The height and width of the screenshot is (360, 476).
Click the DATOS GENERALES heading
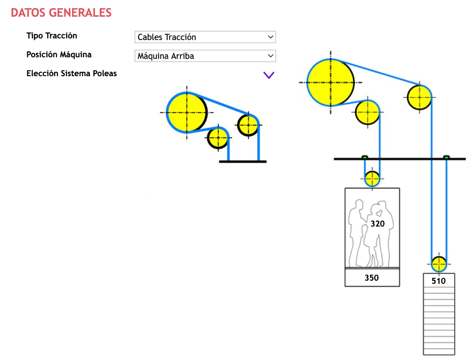(x=61, y=13)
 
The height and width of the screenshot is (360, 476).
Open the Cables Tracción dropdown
(x=205, y=37)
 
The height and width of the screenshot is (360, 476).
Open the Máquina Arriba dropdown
(x=205, y=56)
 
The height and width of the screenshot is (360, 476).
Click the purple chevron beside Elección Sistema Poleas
(x=269, y=75)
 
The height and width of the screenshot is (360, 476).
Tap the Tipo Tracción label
(x=52, y=36)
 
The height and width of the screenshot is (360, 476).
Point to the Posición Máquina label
(x=59, y=54)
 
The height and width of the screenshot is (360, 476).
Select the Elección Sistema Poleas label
(x=71, y=73)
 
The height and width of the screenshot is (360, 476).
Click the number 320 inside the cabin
(x=377, y=224)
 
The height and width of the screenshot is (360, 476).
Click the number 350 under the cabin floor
(x=372, y=278)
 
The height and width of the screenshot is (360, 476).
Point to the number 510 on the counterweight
(x=438, y=281)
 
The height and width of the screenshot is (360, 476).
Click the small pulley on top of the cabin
(x=372, y=179)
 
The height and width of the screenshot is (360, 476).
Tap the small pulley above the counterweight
(x=439, y=264)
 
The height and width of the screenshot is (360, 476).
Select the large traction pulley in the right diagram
(x=331, y=83)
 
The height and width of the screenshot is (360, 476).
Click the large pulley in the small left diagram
(x=187, y=113)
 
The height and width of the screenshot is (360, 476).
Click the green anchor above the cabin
(x=365, y=157)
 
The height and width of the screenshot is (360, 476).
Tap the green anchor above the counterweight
(x=446, y=157)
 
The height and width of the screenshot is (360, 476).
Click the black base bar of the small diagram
(x=243, y=161)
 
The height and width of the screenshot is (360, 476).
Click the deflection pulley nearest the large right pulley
(x=367, y=112)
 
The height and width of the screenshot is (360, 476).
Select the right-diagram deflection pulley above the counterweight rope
(x=419, y=97)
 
